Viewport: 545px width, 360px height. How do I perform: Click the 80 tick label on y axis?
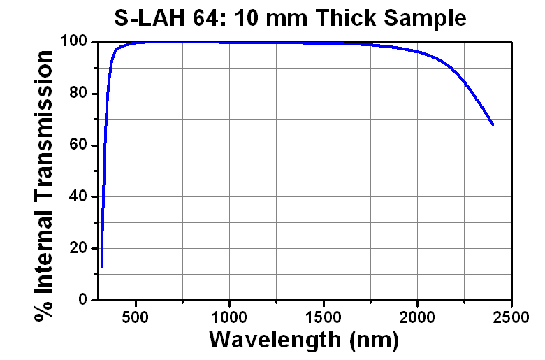79,94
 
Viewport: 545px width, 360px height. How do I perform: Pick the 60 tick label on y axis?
79,145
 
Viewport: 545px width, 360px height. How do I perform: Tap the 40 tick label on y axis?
79,197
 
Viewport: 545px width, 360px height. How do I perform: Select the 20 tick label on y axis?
79,249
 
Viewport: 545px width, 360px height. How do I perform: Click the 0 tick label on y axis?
83,301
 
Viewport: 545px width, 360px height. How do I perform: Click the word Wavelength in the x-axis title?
277,340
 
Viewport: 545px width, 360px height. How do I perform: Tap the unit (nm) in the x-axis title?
375,340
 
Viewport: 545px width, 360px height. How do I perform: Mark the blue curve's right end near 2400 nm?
493,124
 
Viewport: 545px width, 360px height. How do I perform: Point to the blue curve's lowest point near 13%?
102,266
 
